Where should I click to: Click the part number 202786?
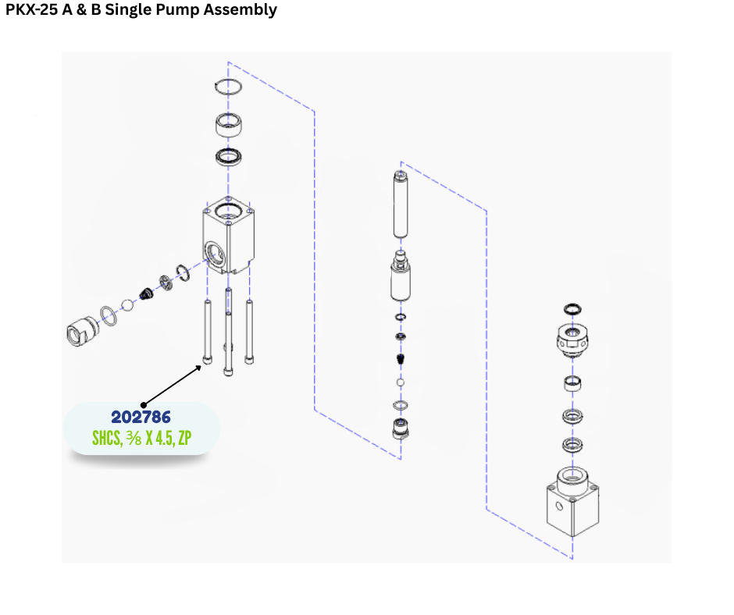(141, 418)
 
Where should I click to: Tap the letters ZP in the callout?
(184, 439)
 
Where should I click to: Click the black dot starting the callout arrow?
(143, 405)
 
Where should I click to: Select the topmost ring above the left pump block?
(229, 87)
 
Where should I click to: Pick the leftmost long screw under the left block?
(208, 332)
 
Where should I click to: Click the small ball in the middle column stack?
(401, 383)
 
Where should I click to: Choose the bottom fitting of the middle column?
(401, 428)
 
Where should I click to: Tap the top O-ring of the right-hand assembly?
(572, 310)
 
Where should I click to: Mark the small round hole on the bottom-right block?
(558, 506)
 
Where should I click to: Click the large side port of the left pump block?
(213, 251)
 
